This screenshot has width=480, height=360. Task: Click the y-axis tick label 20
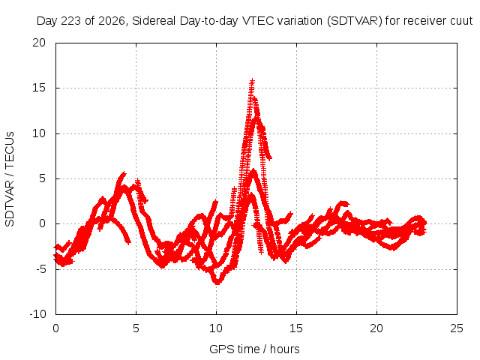click(x=39, y=43)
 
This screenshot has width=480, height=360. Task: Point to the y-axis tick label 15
click(x=39, y=88)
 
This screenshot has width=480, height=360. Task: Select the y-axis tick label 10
click(x=39, y=133)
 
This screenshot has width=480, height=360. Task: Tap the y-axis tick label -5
click(x=40, y=269)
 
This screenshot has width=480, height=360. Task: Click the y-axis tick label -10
click(x=37, y=314)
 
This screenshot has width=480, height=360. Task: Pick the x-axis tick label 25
click(x=457, y=328)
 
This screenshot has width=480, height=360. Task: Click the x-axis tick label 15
click(x=296, y=328)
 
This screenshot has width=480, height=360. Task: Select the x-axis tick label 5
click(x=136, y=328)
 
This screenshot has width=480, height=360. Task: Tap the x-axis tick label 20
click(x=376, y=328)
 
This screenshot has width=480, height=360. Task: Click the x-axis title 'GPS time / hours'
click(x=254, y=349)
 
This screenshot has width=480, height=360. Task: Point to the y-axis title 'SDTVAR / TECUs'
click(x=10, y=179)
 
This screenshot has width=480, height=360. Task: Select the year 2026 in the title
click(x=112, y=21)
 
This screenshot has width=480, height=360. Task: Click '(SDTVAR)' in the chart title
click(x=355, y=21)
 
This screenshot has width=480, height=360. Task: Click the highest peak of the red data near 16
click(x=252, y=80)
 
